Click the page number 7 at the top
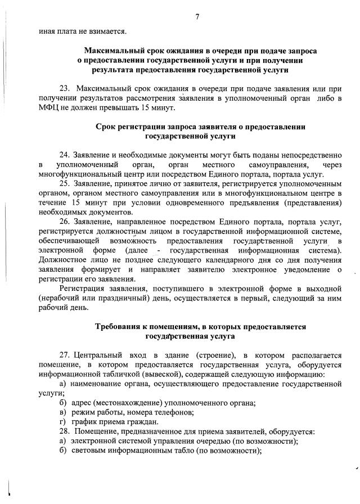[197, 16]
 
